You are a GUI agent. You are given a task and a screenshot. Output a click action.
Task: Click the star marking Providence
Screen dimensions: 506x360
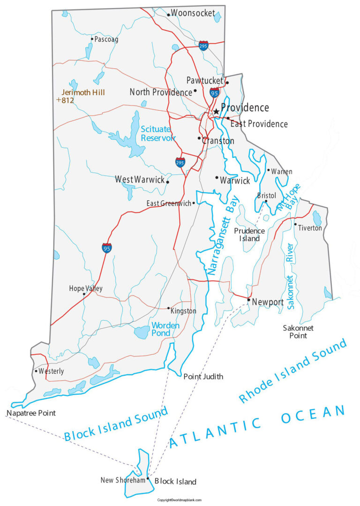[x=216, y=112]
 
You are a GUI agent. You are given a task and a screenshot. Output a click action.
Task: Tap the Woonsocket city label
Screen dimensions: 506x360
[x=193, y=13]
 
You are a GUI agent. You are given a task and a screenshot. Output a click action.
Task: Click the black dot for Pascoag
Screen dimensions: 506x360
[x=92, y=39]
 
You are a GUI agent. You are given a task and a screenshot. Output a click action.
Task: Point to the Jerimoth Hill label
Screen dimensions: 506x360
[x=83, y=92]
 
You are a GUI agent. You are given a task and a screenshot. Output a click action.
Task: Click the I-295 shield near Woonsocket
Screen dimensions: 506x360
[x=203, y=45]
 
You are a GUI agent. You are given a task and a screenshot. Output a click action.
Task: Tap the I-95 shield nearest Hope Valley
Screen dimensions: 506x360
[x=107, y=248]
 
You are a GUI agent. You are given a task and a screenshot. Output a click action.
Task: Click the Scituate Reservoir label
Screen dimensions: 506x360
[x=158, y=133]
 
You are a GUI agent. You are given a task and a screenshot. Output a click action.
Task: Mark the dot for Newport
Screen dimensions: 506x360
[x=248, y=299]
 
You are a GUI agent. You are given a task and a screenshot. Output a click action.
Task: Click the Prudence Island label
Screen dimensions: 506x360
[x=249, y=234]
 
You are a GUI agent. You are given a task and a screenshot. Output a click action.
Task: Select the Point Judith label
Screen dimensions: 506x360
[x=203, y=377]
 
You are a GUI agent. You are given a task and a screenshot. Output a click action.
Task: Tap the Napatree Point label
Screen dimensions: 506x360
[x=31, y=413]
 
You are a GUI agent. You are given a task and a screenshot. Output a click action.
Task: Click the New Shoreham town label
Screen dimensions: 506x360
[x=123, y=480]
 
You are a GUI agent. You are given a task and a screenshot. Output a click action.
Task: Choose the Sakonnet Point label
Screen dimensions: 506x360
[x=298, y=332]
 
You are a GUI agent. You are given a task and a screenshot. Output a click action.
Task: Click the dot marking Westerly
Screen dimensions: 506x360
[x=36, y=371]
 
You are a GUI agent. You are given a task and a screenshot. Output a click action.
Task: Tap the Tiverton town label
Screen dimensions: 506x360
[x=310, y=228]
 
